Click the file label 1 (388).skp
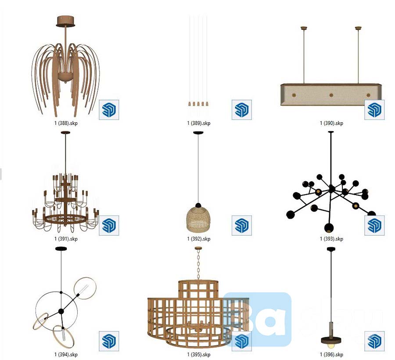[66, 123]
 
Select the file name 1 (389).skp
[199, 123]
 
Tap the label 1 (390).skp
[331, 123]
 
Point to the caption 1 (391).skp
[66, 239]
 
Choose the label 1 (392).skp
[199, 239]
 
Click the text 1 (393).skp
[331, 239]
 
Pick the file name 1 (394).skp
[66, 354]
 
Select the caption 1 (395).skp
[199, 354]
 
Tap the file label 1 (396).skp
[331, 354]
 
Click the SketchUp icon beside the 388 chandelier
[109, 110]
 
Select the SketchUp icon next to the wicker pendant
[242, 225]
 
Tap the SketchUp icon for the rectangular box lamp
[374, 110]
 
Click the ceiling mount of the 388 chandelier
[66, 21]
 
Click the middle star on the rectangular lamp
[330, 94]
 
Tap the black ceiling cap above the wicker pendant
[198, 132]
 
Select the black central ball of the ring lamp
[61, 311]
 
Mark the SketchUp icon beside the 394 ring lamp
[109, 341]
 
